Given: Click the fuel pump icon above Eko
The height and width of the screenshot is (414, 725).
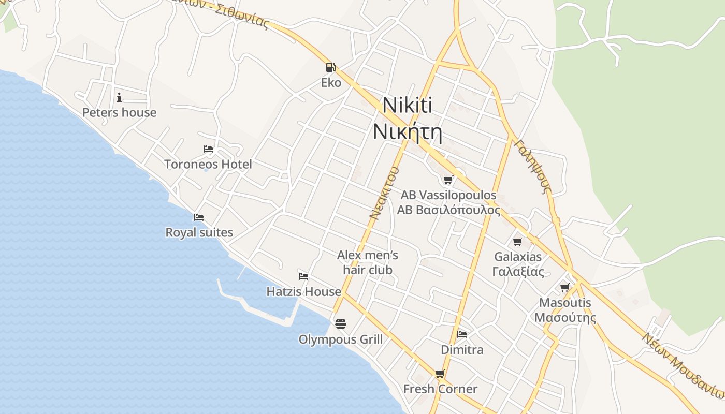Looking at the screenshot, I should point(330,67).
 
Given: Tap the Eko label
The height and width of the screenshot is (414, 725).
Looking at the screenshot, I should point(331,83).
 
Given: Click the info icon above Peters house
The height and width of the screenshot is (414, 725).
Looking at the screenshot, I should point(119,97).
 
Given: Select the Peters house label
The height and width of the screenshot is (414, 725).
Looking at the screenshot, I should point(119,113).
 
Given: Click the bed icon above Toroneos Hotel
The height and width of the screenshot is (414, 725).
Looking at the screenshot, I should point(208,149).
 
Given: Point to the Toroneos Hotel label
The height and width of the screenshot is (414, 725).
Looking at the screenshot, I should point(208,165).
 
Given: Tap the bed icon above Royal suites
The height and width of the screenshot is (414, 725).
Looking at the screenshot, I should point(199,217).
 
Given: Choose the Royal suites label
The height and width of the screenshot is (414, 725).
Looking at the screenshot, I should point(199,233).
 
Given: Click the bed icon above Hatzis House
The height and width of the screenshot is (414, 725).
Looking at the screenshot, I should point(303,276).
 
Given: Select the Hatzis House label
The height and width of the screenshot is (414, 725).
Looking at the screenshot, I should point(303,292).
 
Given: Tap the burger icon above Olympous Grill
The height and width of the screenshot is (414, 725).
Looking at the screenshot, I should point(340,324).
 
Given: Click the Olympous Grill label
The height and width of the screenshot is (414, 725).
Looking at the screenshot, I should point(340,339).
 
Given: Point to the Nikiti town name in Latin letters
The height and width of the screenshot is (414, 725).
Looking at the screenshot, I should point(407,106).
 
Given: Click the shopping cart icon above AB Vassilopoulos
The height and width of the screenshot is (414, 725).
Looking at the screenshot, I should point(448,180).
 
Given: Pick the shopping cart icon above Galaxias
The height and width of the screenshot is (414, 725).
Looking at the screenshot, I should point(517,242).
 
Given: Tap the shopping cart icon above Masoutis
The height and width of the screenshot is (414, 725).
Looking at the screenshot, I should point(564,287).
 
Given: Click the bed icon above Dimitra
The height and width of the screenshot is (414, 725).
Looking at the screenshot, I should point(462,334).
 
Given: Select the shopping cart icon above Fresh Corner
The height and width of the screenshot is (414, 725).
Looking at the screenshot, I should point(440,374).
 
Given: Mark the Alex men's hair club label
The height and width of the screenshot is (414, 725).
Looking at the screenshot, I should point(368,262).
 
